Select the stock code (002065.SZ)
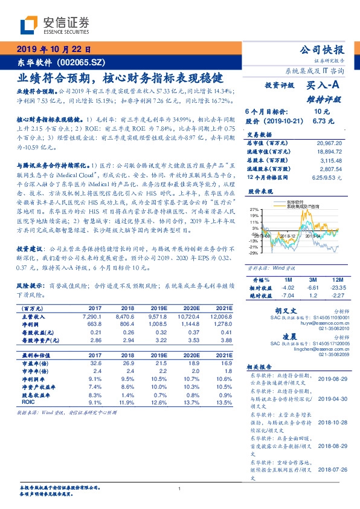click(84, 62)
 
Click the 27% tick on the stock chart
click(254, 209)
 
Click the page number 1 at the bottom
click(180, 490)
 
